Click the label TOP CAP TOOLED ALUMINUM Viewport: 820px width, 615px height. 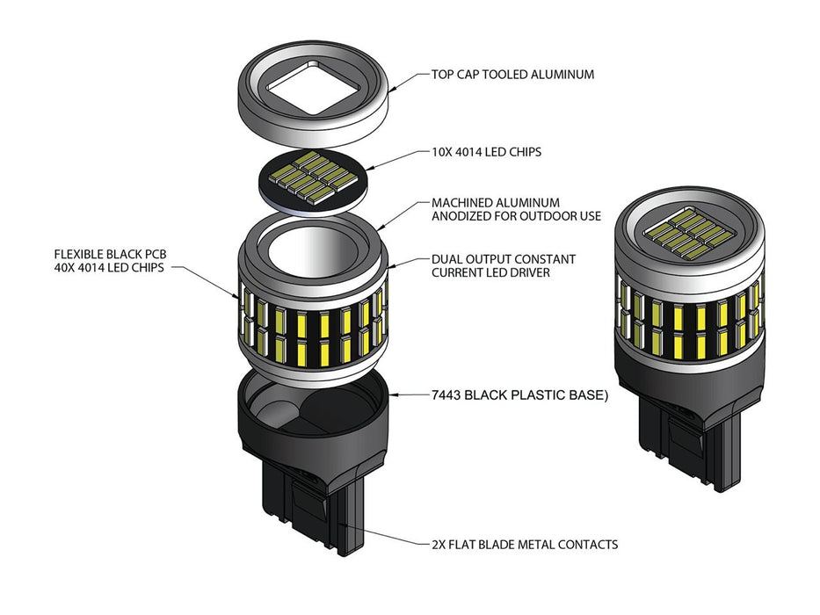coord(512,75)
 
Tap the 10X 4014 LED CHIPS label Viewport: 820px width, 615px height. coord(486,152)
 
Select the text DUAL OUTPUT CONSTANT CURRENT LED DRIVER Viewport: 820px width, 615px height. coord(503,267)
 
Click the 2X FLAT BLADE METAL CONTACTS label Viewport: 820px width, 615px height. coord(524,545)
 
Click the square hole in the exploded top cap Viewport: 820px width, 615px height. coord(313,87)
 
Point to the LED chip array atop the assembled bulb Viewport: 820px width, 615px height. coord(690,232)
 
